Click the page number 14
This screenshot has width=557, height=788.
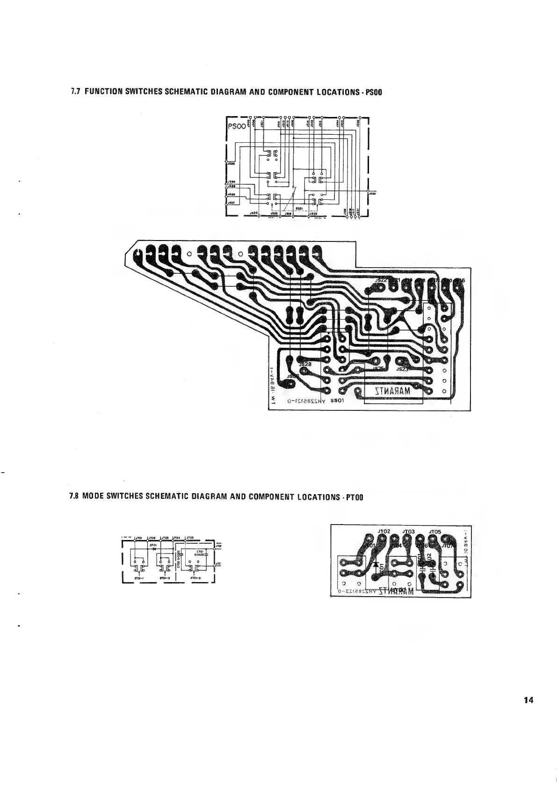coord(528,700)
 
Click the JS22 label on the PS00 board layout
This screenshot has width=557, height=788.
coord(382,280)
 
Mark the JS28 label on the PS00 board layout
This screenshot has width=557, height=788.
coord(305,364)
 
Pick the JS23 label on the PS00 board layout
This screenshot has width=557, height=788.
coord(402,369)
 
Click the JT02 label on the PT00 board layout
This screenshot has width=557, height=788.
coord(384,532)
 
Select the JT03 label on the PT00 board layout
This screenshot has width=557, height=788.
coord(409,532)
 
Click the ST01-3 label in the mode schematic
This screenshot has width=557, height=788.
coord(195,578)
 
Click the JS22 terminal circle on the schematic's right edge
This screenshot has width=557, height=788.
coord(369,191)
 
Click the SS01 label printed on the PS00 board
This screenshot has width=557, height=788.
coord(337,401)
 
